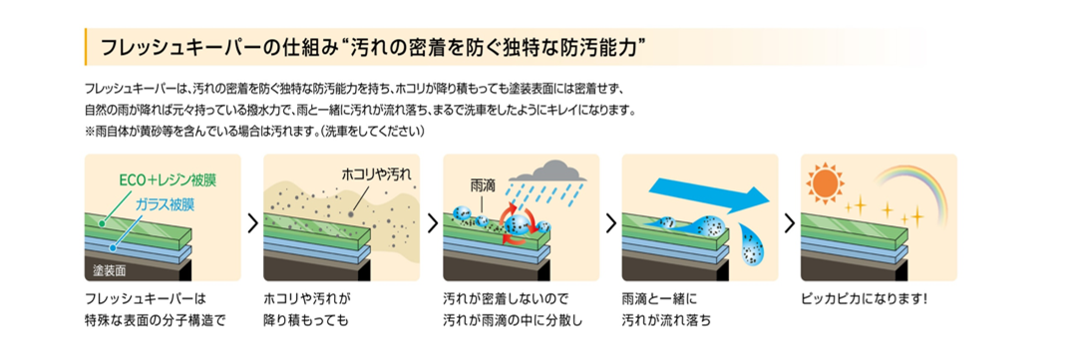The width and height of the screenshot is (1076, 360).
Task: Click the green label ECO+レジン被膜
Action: (172, 181)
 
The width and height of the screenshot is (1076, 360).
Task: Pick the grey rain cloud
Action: (553, 171)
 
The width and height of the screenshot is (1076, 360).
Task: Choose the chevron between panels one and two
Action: (252, 222)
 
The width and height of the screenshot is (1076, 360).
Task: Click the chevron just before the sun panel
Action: (789, 222)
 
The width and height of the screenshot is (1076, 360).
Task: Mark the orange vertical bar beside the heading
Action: (85, 47)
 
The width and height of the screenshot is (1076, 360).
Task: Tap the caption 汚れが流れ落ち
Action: (665, 319)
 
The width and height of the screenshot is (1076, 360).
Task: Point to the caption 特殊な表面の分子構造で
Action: (155, 319)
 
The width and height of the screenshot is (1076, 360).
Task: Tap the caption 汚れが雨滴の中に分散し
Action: (514, 319)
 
